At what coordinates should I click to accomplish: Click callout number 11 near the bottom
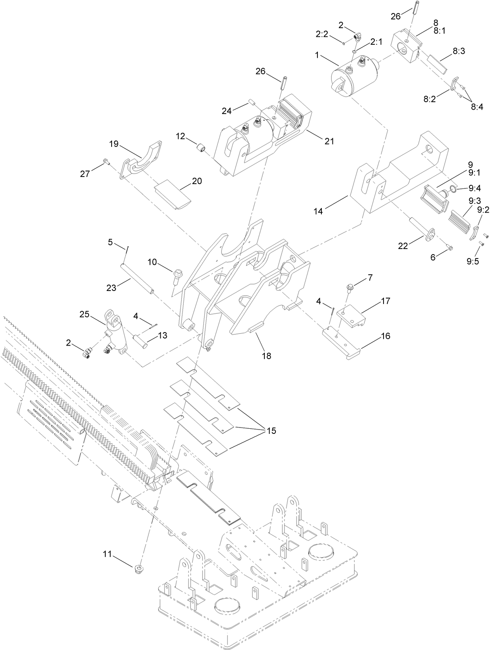(x=108, y=555)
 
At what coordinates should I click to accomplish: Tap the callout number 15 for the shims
(x=271, y=430)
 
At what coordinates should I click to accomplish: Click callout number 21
(x=329, y=141)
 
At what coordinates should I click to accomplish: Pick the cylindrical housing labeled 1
(x=352, y=77)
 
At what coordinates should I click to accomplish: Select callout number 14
(x=318, y=211)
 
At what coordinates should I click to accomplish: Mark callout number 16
(x=385, y=336)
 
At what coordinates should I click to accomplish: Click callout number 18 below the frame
(x=266, y=355)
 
